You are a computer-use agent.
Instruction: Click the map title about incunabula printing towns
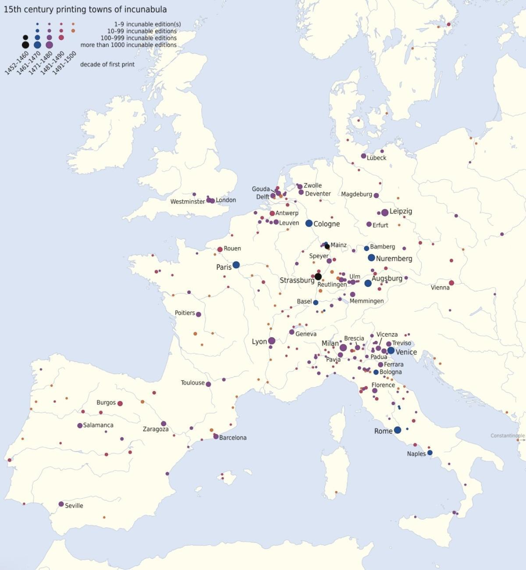[x=85, y=9]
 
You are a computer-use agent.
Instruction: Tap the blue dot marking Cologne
[x=309, y=223]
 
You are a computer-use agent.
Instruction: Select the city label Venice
[x=406, y=352]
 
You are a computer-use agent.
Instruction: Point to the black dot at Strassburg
[x=318, y=276]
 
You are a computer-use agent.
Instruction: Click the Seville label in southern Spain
[x=74, y=506]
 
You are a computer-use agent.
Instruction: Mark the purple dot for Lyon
[x=272, y=341]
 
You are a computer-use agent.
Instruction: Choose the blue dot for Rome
[x=398, y=430]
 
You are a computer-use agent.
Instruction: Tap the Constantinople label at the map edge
[x=508, y=435]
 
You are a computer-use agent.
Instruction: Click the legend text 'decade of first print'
[x=107, y=64]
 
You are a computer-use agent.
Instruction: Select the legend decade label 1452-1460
[x=17, y=63]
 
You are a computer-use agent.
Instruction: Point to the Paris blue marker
[x=236, y=265]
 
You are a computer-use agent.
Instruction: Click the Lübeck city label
[x=377, y=158]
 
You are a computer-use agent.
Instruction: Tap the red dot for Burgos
[x=120, y=404]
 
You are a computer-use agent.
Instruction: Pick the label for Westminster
[x=188, y=202]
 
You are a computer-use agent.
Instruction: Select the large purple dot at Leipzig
[x=385, y=212]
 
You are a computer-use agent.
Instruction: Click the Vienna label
[x=440, y=287]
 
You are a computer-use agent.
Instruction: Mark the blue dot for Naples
[x=430, y=453]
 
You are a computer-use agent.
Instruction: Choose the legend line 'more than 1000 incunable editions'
[x=128, y=45]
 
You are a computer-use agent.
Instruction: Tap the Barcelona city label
[x=233, y=438]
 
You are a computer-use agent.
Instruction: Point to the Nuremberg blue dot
[x=371, y=258]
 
